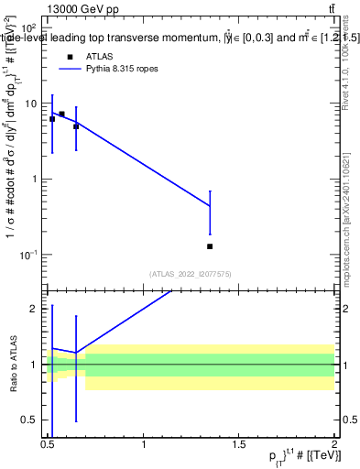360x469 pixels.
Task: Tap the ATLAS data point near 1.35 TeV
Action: click(211, 246)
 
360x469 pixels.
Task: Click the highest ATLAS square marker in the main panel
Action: click(61, 115)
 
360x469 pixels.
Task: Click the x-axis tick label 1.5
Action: click(240, 444)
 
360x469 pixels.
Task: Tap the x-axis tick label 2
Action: click(335, 444)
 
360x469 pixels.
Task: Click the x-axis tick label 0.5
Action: click(49, 444)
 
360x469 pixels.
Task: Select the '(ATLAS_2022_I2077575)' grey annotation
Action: click(191, 273)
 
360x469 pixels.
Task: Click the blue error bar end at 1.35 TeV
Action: click(211, 191)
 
